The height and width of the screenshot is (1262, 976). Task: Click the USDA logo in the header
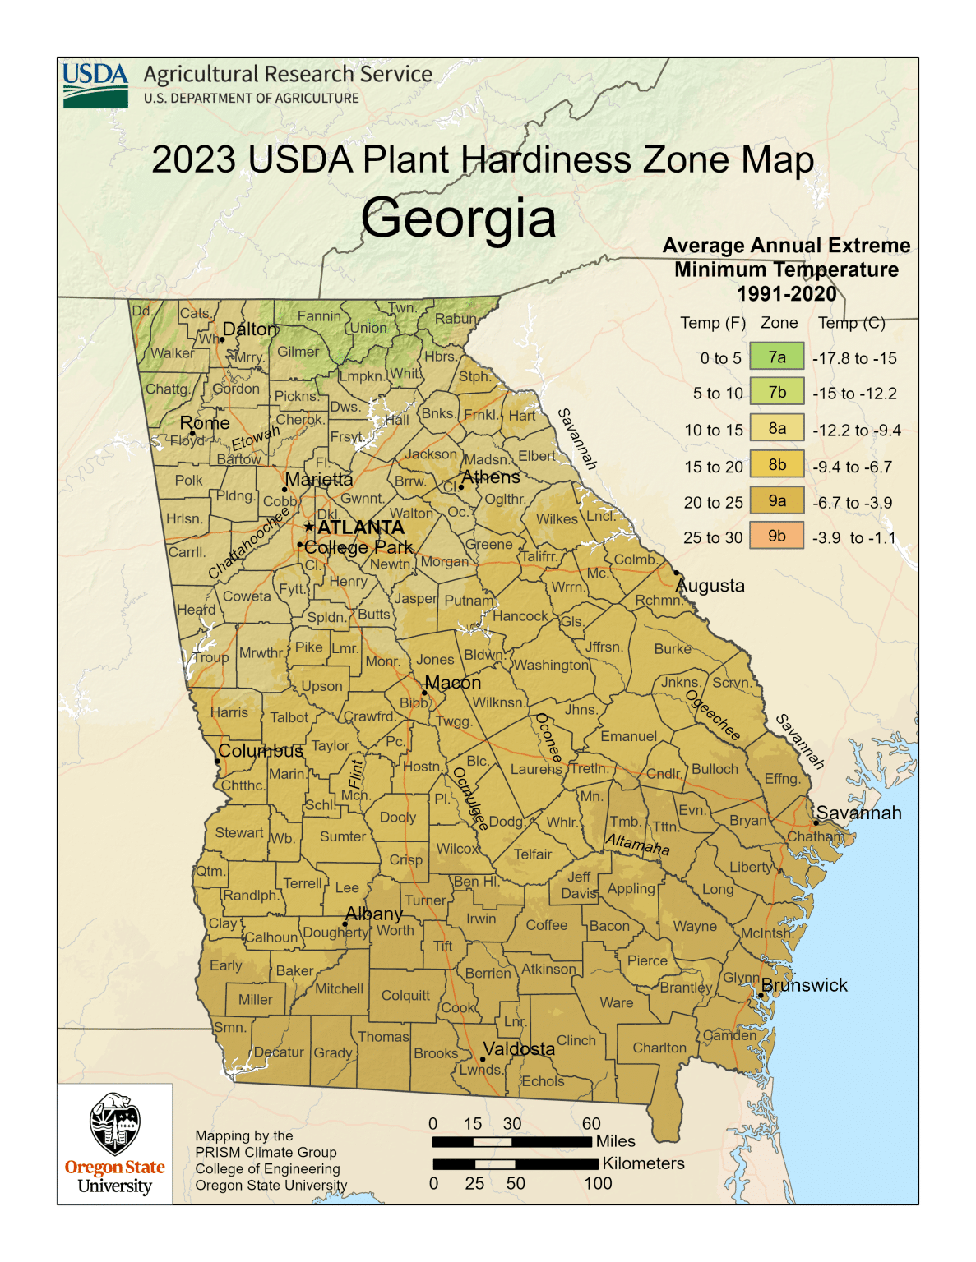95,85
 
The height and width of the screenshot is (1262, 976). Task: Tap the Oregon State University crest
114,1124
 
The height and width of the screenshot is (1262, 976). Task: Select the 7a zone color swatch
776,357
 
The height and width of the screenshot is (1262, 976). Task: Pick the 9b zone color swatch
776,537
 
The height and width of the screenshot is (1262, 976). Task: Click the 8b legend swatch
776,465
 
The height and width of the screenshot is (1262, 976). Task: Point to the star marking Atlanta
309,527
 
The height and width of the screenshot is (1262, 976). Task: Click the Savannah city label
858,813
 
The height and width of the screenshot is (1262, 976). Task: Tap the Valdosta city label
519,1049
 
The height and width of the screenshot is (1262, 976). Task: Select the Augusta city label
710,586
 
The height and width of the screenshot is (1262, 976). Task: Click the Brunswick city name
804,985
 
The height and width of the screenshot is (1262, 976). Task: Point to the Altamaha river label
637,844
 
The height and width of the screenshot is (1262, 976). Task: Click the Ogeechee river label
714,715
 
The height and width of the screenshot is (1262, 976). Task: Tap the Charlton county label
659,1048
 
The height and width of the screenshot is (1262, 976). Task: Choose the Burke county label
673,648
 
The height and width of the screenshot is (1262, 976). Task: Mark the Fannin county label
319,316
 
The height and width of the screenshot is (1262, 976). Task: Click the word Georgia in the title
458,219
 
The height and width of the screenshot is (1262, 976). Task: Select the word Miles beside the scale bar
615,1141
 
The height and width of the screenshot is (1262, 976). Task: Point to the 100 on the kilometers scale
598,1183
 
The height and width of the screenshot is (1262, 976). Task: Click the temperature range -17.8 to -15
854,358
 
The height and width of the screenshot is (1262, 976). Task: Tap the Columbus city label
261,751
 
